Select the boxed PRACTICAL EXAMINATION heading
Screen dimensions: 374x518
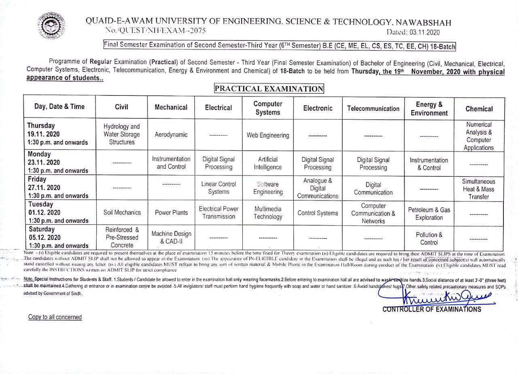(x=269, y=89)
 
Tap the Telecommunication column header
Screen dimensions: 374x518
(x=373, y=108)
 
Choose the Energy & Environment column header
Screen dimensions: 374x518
(x=429, y=109)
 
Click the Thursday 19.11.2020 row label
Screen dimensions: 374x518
(x=57, y=134)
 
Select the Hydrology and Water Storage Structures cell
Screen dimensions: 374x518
(x=121, y=134)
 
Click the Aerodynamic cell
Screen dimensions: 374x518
(x=171, y=135)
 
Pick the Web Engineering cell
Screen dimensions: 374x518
(x=268, y=135)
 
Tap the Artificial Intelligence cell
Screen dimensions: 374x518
(x=267, y=163)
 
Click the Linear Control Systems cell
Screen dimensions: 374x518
(x=219, y=188)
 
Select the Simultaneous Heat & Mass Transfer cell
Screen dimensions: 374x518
(x=479, y=189)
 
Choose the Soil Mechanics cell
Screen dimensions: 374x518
(x=122, y=212)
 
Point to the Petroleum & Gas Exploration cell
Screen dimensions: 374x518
(x=429, y=213)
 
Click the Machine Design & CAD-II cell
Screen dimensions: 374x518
(x=171, y=237)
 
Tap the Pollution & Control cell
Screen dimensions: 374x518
(x=429, y=238)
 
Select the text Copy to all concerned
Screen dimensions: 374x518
(x=55, y=317)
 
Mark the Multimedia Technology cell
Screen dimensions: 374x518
(x=267, y=213)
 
